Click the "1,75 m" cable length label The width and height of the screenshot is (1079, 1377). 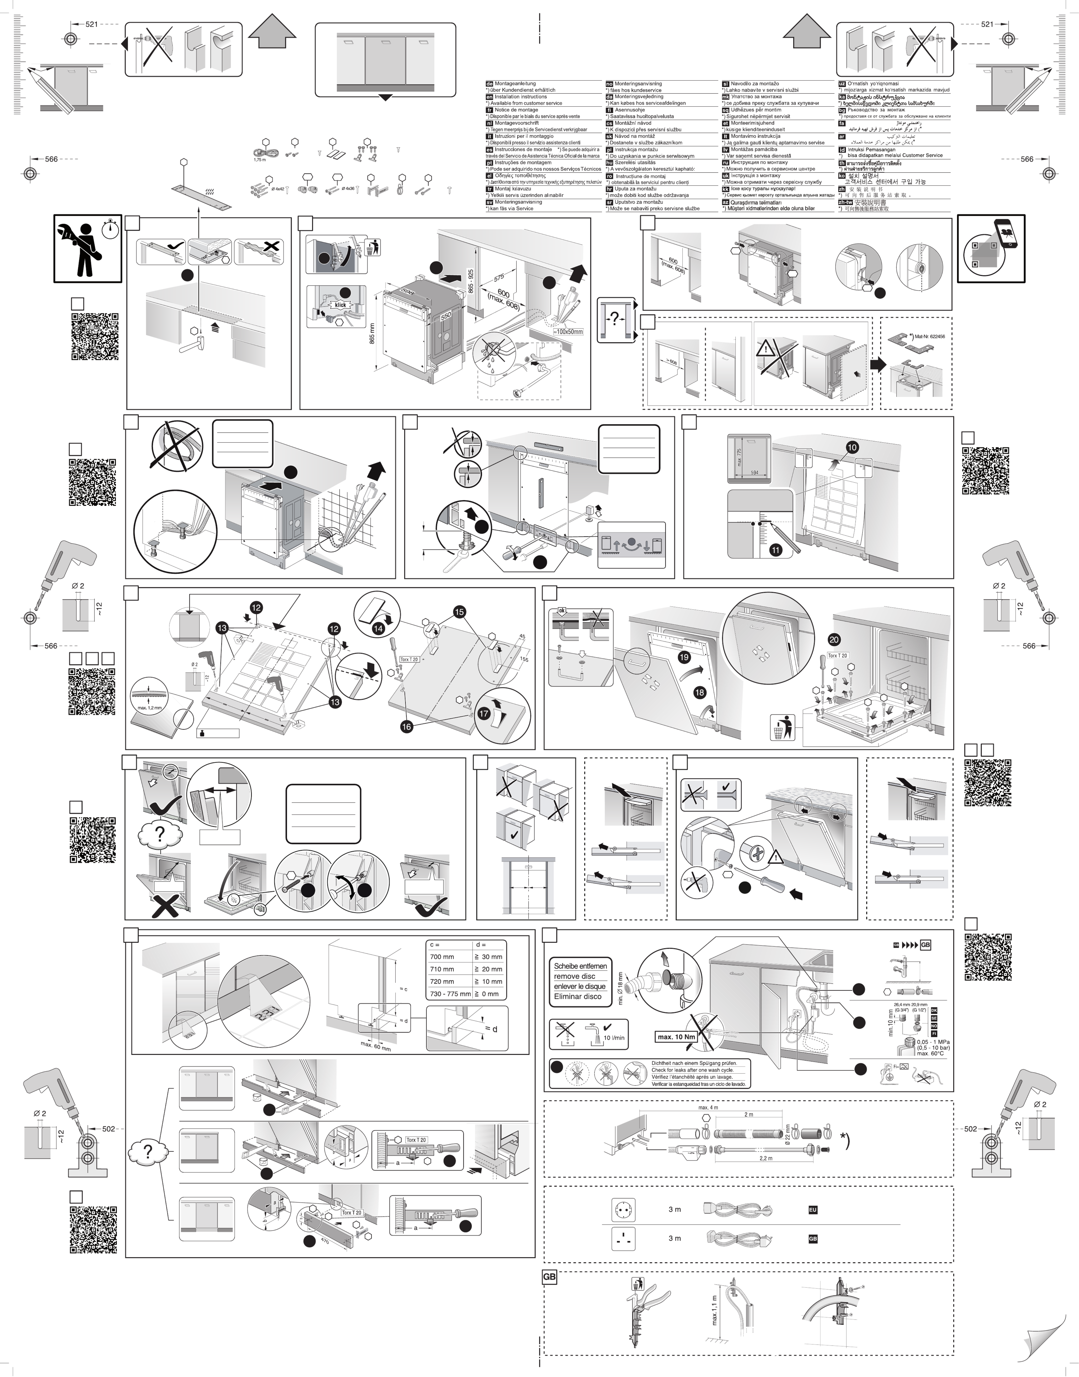pyautogui.click(x=260, y=160)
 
